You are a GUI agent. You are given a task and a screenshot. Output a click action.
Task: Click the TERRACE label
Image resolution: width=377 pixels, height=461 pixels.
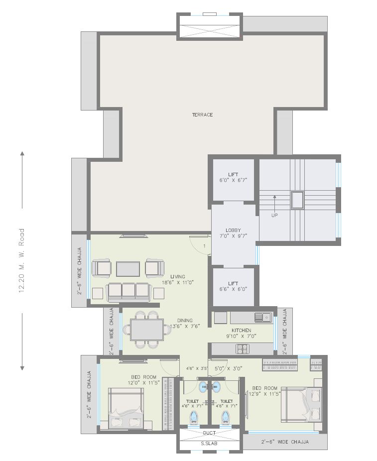[x=202, y=115]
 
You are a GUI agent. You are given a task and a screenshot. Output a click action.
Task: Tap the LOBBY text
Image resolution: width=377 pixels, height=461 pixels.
[x=233, y=230]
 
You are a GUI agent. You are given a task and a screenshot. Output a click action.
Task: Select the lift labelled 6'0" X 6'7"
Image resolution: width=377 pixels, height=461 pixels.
[x=233, y=177]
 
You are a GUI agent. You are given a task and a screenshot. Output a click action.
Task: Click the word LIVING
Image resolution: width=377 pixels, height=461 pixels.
[x=178, y=277]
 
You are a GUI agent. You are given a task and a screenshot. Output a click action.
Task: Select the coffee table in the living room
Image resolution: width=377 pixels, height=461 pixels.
[x=128, y=269]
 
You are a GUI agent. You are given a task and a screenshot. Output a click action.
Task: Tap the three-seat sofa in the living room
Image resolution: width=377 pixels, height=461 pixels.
[x=128, y=291]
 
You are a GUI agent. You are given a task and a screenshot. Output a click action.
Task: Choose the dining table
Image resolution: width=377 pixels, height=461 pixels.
[x=146, y=330]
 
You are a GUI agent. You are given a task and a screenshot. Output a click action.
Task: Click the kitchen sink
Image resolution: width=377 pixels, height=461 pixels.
[x=262, y=316]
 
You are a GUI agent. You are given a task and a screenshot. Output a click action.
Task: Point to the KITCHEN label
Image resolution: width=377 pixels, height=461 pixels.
[x=241, y=331]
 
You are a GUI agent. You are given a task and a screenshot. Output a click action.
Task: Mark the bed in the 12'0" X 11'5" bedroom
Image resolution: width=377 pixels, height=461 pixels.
[x=126, y=408]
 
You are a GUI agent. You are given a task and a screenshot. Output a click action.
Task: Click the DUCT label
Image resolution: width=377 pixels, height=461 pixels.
[x=209, y=433]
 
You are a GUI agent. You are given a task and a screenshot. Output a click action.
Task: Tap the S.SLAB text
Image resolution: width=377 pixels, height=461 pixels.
[x=209, y=443]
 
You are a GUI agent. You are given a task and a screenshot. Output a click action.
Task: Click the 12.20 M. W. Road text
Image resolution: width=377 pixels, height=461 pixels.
[x=21, y=261]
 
